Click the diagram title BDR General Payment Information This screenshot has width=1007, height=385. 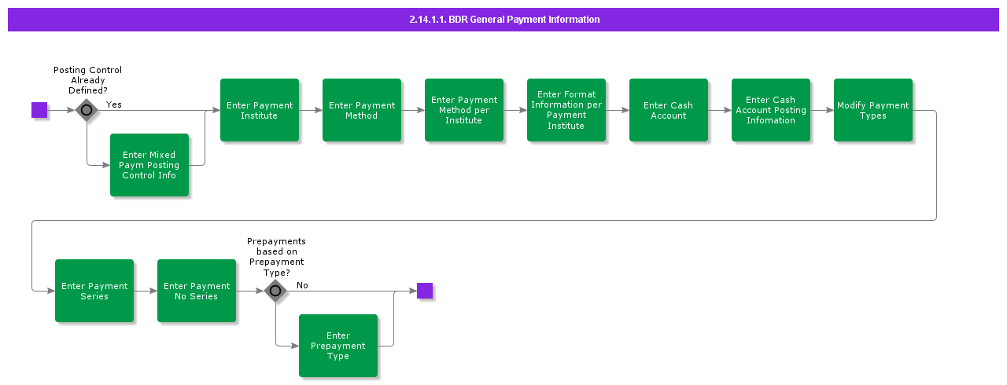[503, 20]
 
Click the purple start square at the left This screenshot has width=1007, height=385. [39, 110]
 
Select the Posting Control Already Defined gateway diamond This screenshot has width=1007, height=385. [87, 110]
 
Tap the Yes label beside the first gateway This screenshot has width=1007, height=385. [114, 104]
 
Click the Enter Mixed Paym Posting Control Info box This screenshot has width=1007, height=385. [149, 165]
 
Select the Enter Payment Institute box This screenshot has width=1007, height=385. [260, 110]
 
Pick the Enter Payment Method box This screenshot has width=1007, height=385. [362, 110]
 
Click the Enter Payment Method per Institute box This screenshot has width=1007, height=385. [464, 110]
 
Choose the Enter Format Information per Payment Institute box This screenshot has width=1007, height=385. [566, 110]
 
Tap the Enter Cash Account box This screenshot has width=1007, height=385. [669, 110]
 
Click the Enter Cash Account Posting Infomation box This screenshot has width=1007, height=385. [771, 110]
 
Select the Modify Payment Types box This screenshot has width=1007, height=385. [873, 110]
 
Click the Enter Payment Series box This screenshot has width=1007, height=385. [94, 291]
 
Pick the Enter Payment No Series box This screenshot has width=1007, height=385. [197, 291]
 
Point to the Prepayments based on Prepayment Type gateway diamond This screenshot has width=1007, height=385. [275, 291]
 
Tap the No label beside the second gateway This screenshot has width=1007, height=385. [302, 285]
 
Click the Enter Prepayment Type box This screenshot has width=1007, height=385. [338, 346]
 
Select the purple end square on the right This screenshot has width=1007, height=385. [425, 291]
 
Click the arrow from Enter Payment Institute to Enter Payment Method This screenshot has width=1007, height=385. [311, 110]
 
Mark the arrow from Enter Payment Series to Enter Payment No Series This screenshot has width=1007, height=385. [146, 291]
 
